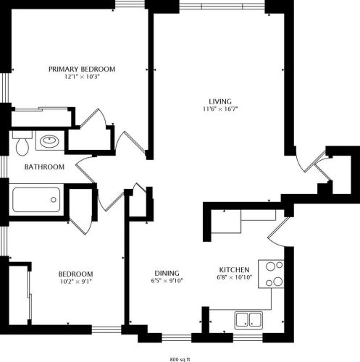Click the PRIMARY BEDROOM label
click(82, 69)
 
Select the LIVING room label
click(220, 101)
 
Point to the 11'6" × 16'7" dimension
click(220, 109)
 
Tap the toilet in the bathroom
click(21, 146)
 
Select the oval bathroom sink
click(49, 141)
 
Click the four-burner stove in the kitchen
click(275, 274)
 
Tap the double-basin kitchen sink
click(248, 318)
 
